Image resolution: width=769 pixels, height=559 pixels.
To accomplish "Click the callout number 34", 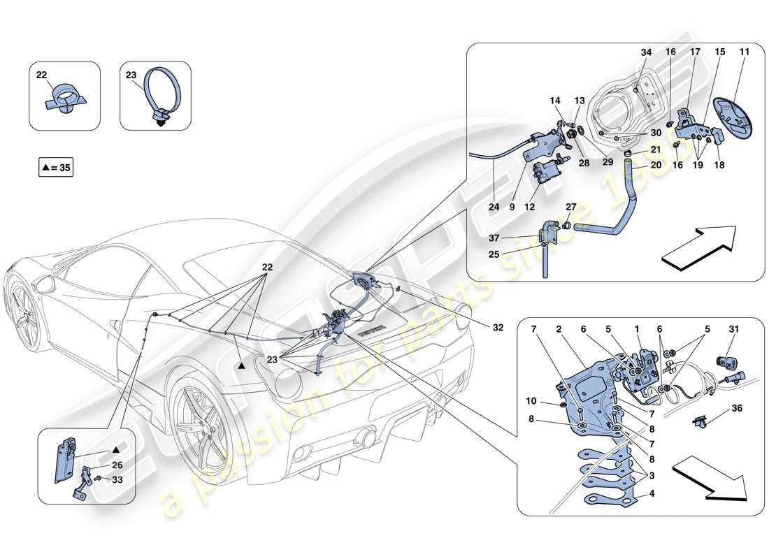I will (x=645, y=52).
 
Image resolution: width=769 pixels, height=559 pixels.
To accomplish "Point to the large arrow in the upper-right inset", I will (x=699, y=247).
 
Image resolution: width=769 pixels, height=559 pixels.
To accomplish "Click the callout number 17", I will (x=695, y=52).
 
